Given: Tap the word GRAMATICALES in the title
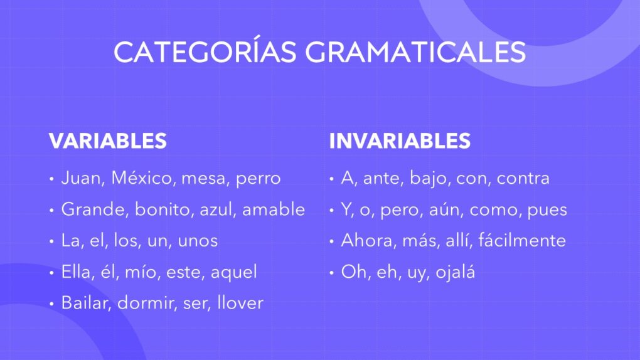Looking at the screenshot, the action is point(415,52).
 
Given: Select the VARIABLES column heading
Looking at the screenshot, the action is point(108,141).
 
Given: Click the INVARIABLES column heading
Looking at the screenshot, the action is point(400,141).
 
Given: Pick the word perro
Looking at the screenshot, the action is point(259,179).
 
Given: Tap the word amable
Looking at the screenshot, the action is point(274,209).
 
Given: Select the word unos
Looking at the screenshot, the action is point(198,241).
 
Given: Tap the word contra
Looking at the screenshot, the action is point(523,178).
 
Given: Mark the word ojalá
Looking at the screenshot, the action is point(455,272).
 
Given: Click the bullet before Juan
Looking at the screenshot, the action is point(51,179).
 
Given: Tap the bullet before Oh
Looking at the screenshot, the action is point(331,273).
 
